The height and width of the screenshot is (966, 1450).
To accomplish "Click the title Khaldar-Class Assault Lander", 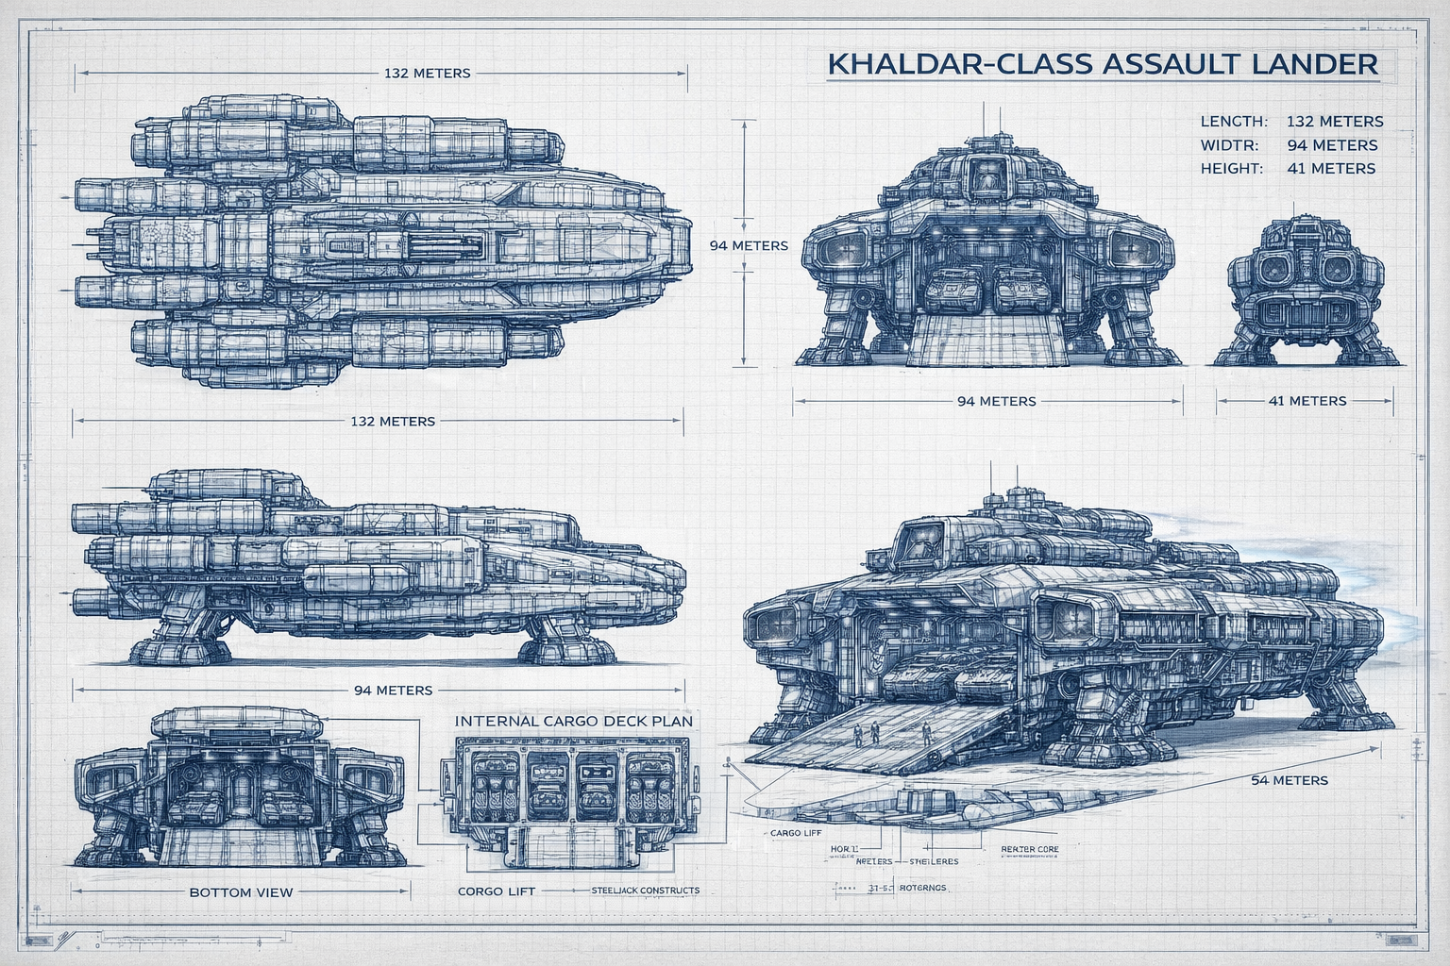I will coord(1102,64).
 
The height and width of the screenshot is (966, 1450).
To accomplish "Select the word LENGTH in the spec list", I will coord(1233,122).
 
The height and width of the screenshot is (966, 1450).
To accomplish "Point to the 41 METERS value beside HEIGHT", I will coord(1331,169).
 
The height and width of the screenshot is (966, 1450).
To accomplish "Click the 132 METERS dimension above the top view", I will coord(427,73).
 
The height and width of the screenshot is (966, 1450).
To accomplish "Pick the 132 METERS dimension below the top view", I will coord(393,421).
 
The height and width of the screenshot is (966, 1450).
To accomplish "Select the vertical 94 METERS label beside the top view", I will coord(749,245).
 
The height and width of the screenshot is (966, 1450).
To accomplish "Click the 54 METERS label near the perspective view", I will coord(1290,780).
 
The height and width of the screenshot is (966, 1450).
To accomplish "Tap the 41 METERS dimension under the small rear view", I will coord(1307,401).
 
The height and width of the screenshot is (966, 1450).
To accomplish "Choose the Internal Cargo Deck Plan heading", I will coord(574,721).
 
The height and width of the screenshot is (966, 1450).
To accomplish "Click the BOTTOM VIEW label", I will coord(241,891).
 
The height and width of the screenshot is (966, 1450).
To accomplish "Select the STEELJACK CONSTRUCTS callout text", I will coord(646,891).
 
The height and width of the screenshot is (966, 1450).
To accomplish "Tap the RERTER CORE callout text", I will coord(1029,849).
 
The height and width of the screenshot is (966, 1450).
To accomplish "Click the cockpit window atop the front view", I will coord(986,175).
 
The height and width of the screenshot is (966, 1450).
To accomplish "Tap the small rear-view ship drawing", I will coord(1304,292).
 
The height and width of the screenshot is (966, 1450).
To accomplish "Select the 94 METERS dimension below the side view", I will coord(393,690).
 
